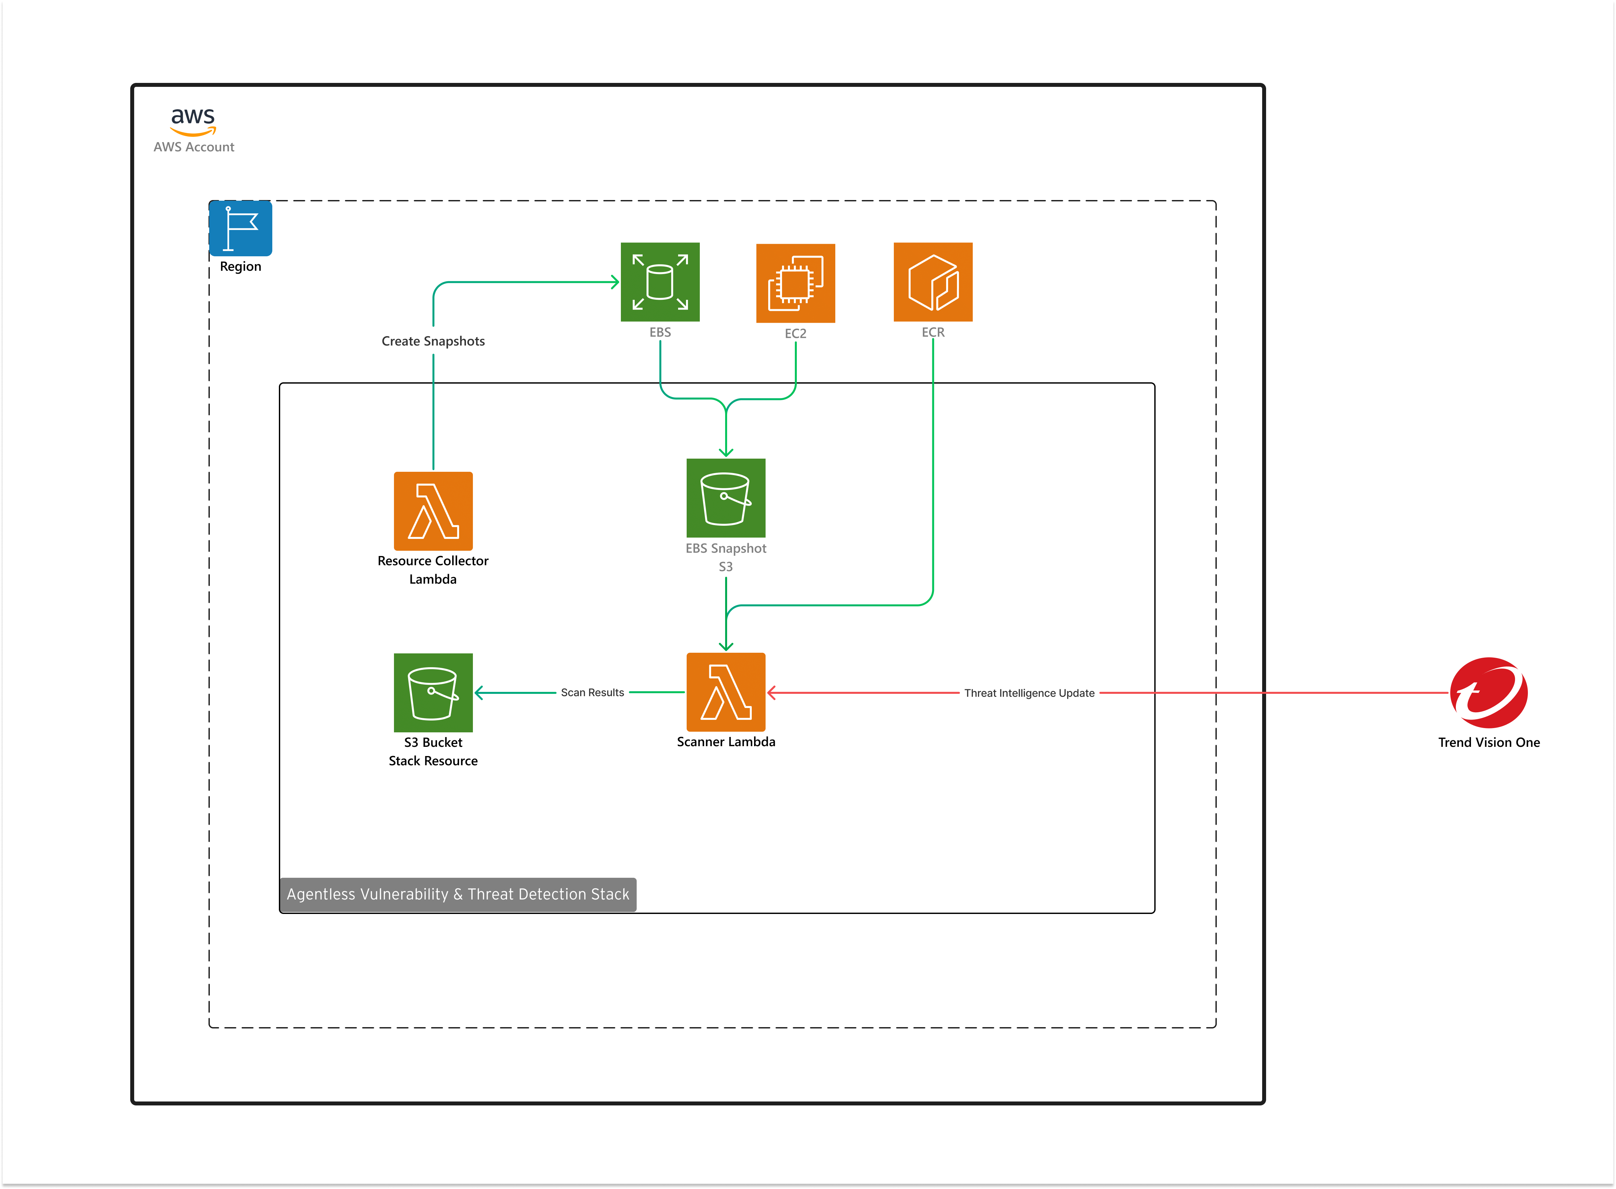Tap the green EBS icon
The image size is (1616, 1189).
[660, 282]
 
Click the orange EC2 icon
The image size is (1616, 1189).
[795, 283]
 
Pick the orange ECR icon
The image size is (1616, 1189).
[933, 282]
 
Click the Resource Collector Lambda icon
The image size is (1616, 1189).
[433, 511]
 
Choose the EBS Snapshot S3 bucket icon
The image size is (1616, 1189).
[725, 498]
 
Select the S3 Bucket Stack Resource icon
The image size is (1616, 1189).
[433, 693]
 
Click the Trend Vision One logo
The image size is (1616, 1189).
[1488, 693]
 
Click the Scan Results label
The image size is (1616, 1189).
[592, 693]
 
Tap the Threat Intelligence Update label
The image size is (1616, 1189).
[1029, 693]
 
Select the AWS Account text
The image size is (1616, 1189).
[194, 147]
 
